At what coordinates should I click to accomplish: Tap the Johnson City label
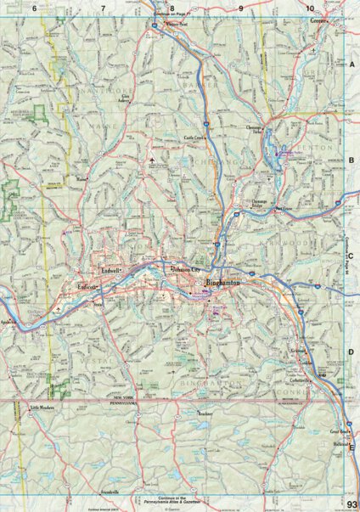point(185,270)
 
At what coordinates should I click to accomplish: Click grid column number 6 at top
point(35,8)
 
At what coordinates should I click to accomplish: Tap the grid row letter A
point(351,64)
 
